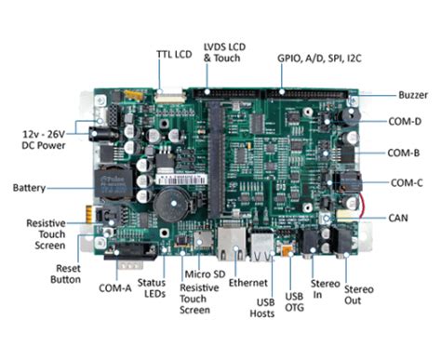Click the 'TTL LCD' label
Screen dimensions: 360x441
pos(173,54)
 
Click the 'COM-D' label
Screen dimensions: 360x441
pos(406,122)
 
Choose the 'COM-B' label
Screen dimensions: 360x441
pos(406,153)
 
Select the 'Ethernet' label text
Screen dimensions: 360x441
pos(248,282)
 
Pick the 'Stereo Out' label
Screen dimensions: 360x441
pos(359,296)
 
